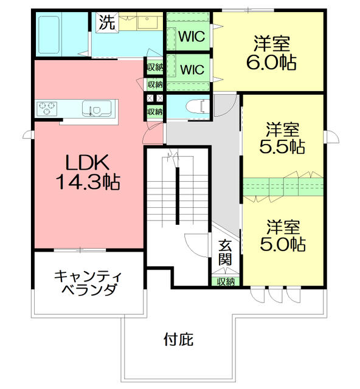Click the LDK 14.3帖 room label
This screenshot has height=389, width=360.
(88, 172)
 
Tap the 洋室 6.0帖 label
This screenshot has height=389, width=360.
(271, 53)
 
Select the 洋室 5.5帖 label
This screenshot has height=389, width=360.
(282, 138)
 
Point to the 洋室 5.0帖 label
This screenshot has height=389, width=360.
(283, 236)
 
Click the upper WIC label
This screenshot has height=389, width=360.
(192, 36)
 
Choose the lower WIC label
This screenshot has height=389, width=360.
(192, 69)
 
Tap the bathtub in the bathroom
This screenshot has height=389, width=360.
(49, 35)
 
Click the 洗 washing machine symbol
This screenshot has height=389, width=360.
(107, 22)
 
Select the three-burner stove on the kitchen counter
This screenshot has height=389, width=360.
(47, 108)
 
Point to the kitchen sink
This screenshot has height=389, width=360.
(97, 108)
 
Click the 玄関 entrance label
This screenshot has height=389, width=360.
(226, 252)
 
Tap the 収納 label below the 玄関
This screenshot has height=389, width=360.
(226, 281)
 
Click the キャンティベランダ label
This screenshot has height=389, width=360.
(88, 283)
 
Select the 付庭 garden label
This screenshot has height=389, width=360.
(179, 339)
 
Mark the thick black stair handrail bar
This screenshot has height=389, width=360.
(178, 196)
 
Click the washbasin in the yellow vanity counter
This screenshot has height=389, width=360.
(147, 22)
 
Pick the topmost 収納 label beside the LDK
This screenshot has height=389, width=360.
(155, 67)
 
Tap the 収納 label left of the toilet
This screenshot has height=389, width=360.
(155, 112)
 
